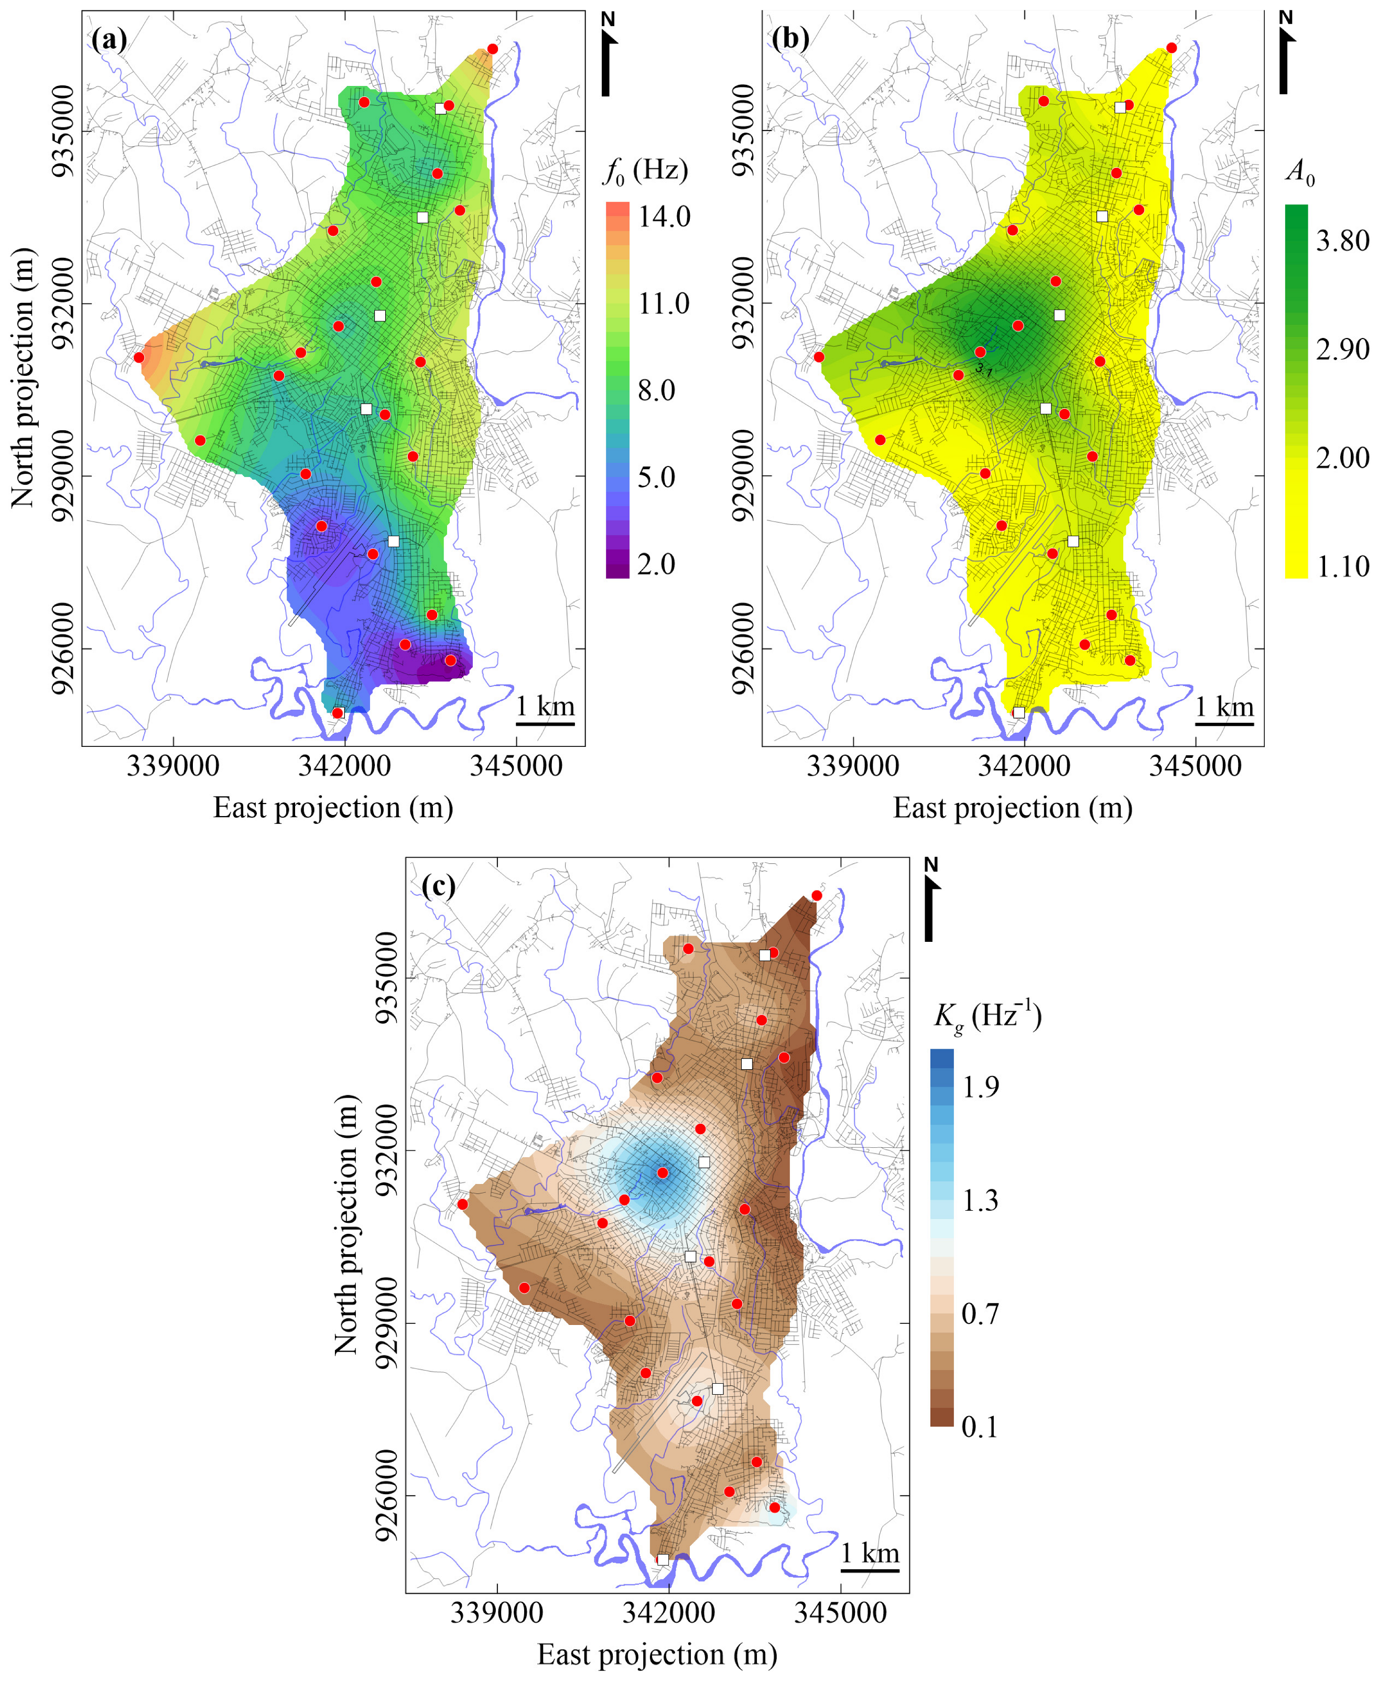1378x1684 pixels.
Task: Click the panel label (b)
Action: (x=790, y=38)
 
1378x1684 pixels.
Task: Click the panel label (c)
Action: (x=438, y=885)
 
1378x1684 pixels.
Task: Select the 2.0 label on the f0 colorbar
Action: (x=656, y=564)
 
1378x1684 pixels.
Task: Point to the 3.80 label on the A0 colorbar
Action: (x=1342, y=241)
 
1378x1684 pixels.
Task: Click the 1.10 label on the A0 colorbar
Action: (x=1342, y=567)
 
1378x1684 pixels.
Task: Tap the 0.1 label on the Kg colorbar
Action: (x=980, y=1427)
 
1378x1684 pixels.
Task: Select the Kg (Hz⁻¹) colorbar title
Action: (x=986, y=1017)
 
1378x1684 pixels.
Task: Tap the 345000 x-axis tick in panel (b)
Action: (x=1196, y=765)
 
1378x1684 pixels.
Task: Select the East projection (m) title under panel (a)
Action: (x=333, y=808)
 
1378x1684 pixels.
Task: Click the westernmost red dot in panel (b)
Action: (x=819, y=357)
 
